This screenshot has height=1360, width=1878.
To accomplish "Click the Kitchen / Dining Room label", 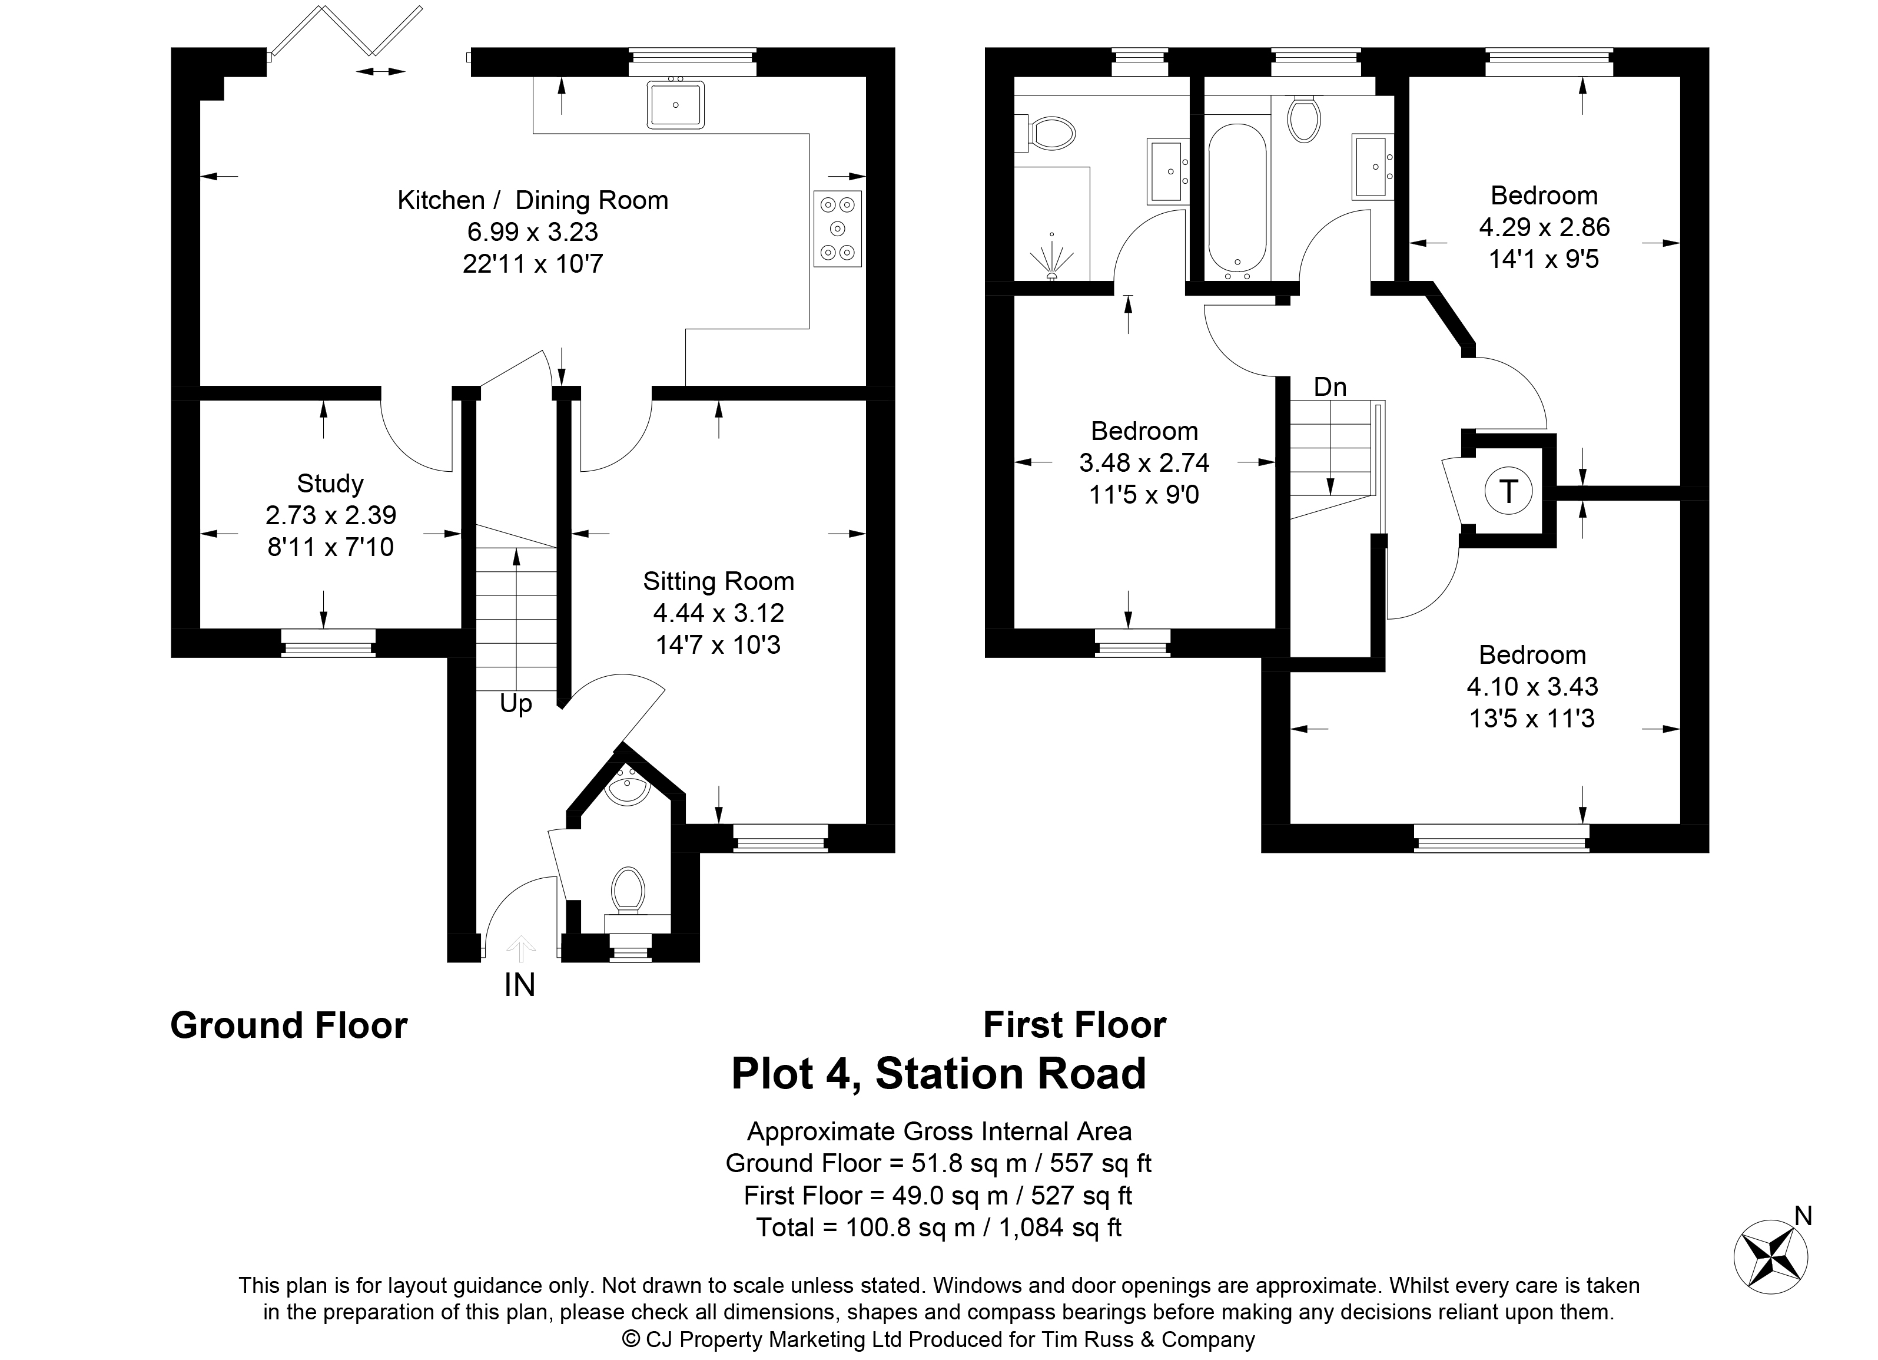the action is click(x=532, y=200).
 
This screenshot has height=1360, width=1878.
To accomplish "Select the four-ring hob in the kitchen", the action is click(x=837, y=229).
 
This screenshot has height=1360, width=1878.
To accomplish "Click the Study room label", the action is click(x=330, y=484).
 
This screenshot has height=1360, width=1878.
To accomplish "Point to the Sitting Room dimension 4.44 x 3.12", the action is click(x=718, y=613).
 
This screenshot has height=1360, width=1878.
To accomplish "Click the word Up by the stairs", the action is click(x=516, y=704).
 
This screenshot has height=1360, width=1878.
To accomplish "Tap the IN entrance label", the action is click(x=520, y=985).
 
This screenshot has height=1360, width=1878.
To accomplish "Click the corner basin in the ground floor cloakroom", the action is click(x=627, y=789).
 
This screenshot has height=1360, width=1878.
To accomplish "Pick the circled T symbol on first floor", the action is click(x=1509, y=491).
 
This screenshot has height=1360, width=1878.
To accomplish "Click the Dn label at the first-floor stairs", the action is click(x=1330, y=387).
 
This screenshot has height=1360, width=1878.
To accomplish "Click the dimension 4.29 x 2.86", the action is click(x=1544, y=227).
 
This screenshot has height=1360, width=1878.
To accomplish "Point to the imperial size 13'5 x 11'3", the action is click(x=1532, y=718).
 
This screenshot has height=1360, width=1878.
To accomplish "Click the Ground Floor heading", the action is click(x=289, y=1025).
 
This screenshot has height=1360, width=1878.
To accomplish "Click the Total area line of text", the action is click(x=939, y=1227).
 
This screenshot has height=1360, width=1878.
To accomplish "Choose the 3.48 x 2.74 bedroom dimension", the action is click(x=1144, y=462).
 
